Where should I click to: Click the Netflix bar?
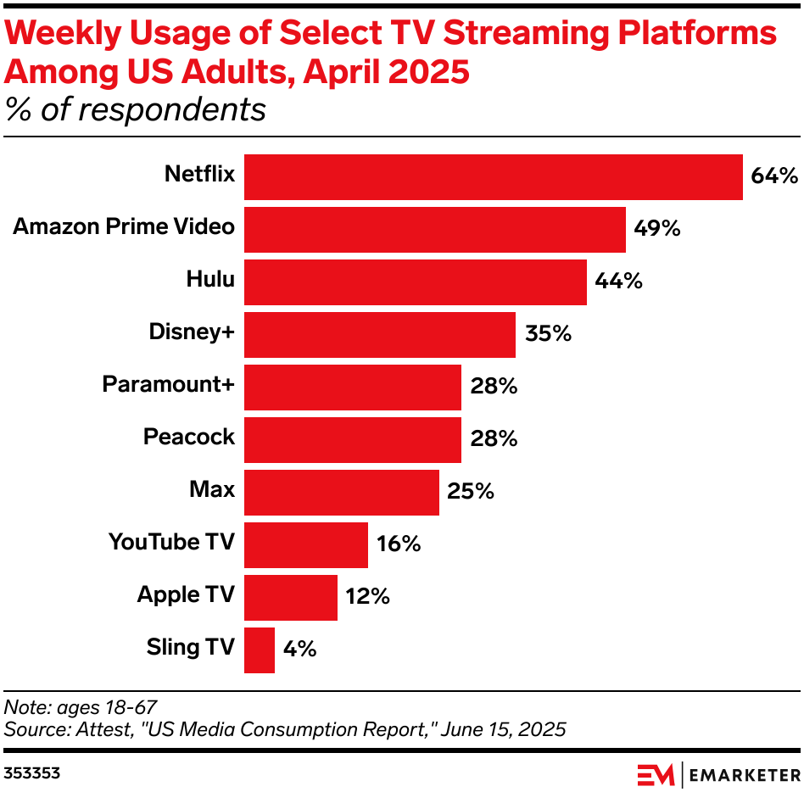(x=493, y=177)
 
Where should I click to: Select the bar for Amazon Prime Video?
(x=434, y=230)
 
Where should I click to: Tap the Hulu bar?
(x=415, y=282)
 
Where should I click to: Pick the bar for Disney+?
(x=379, y=335)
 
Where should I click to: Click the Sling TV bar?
(x=260, y=650)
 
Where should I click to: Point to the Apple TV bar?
(x=290, y=598)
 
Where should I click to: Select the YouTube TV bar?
(x=305, y=545)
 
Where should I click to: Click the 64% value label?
(x=774, y=176)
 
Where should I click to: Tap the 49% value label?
(x=657, y=229)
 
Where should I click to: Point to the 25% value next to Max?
(x=471, y=492)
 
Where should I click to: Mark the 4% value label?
(x=299, y=650)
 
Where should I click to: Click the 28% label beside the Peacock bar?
(x=493, y=439)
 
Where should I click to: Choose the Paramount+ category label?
(x=168, y=384)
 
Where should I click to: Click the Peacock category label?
(x=188, y=438)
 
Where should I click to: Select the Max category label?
(x=212, y=490)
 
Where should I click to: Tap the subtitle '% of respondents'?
(x=136, y=110)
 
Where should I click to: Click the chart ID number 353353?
(x=32, y=773)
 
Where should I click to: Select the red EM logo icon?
(x=656, y=774)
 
